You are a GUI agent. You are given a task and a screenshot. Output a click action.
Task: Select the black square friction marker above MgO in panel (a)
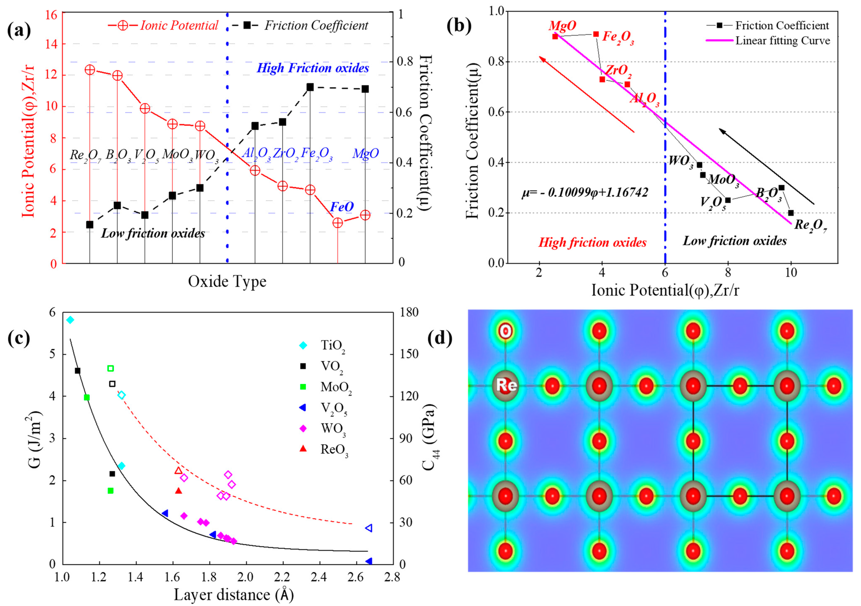(x=365, y=89)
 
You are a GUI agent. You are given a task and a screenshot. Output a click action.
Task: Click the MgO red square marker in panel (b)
(x=555, y=36)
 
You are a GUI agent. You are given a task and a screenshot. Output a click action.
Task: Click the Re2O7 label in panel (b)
(x=810, y=226)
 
